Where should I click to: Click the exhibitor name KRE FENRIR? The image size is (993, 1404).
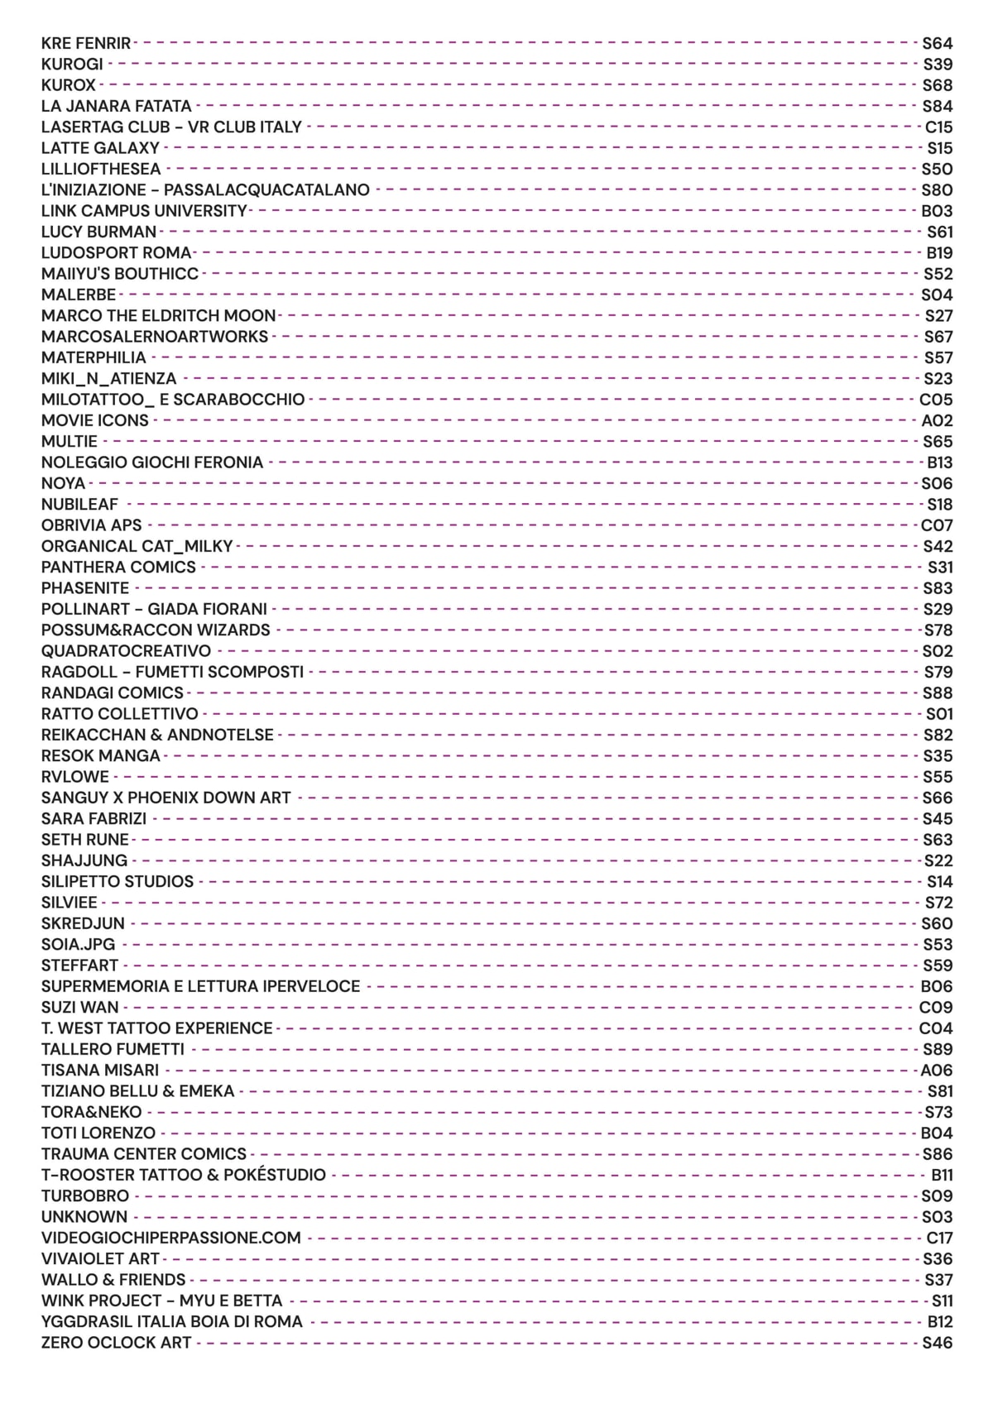[86, 43]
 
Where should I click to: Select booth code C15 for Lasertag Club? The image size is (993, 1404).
[938, 127]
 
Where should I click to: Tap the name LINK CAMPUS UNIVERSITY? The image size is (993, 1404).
[144, 211]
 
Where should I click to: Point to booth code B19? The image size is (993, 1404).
[939, 253]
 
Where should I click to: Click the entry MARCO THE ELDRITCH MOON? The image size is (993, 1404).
[158, 316]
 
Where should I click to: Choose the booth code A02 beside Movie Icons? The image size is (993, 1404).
[937, 420]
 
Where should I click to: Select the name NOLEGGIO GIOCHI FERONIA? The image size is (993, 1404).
[152, 462]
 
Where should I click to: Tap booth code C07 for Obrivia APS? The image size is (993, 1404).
[937, 525]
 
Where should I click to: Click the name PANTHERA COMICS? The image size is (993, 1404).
[118, 568]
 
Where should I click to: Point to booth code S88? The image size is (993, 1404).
[938, 693]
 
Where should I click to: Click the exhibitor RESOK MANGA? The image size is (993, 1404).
[100, 756]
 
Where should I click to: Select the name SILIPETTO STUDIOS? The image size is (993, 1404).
[118, 882]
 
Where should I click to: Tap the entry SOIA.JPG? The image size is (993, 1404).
[79, 945]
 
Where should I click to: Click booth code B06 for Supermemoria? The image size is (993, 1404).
[937, 986]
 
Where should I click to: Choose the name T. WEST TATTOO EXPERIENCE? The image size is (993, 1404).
[157, 1028]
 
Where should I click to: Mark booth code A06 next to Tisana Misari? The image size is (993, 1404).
[937, 1071]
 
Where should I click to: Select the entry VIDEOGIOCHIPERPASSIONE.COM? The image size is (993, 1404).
[171, 1238]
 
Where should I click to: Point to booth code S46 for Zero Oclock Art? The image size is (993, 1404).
[938, 1343]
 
